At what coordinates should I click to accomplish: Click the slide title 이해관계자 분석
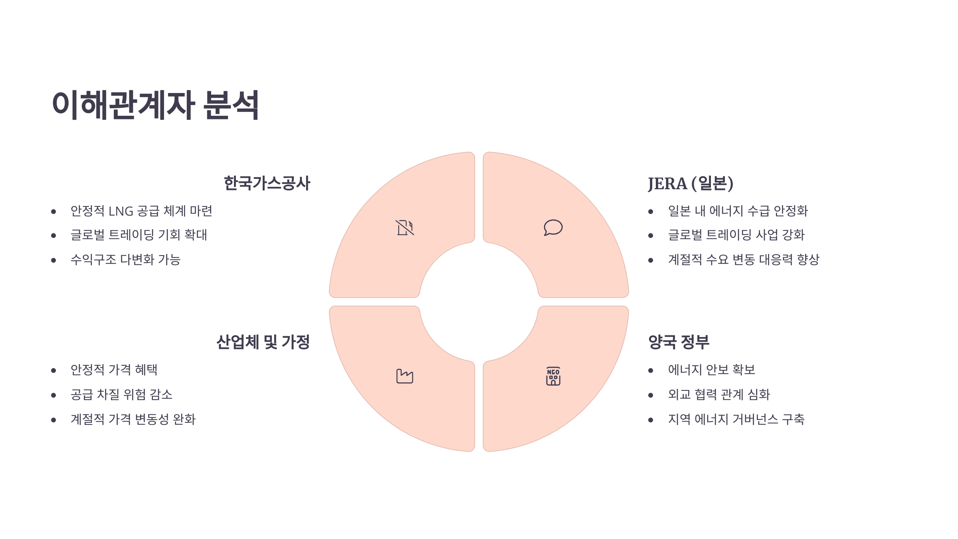tap(155, 105)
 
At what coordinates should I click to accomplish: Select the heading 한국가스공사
tap(267, 183)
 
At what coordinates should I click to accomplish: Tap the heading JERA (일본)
tap(691, 183)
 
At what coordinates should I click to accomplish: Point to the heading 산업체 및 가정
tap(263, 342)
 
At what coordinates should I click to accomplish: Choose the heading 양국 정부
tap(679, 342)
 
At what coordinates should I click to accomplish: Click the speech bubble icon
tap(553, 228)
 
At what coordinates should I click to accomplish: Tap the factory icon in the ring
tap(404, 376)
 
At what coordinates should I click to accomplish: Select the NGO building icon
tap(553, 376)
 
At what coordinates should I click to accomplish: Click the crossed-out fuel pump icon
tap(404, 228)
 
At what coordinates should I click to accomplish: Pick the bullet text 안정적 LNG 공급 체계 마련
tap(141, 211)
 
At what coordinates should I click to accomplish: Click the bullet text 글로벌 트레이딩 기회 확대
tap(139, 235)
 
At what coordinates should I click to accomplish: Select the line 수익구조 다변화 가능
tap(125, 260)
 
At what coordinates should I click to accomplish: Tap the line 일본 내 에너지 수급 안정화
tap(738, 211)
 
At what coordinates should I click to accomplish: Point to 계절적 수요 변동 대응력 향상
tap(743, 260)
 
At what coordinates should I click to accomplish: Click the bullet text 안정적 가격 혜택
tap(114, 370)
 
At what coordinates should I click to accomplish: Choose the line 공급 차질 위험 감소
tap(121, 394)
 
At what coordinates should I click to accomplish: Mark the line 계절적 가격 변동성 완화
tap(133, 419)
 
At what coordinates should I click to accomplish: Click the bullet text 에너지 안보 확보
tap(711, 370)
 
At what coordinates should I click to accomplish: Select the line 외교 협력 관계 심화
tap(718, 394)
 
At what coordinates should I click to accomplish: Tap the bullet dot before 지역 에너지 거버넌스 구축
tap(651, 420)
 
